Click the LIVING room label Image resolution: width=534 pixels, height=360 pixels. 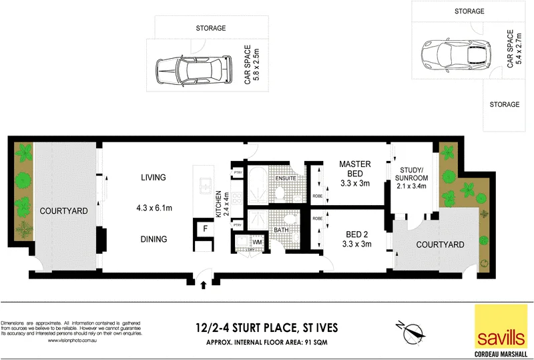tap(153, 178)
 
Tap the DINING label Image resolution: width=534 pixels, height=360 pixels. tap(153, 238)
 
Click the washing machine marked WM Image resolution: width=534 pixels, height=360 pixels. tap(257, 242)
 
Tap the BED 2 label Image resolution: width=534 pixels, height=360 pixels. tap(354, 235)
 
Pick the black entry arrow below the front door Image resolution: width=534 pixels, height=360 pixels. tap(203, 285)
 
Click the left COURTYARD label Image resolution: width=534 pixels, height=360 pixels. tap(63, 211)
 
